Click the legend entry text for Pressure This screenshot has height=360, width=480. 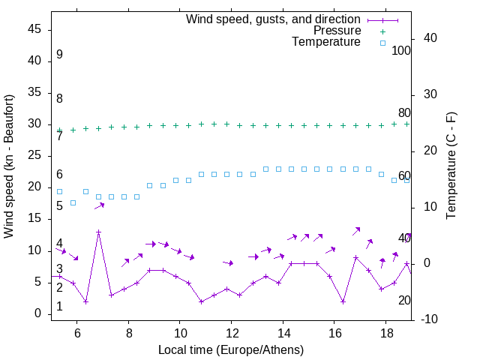[337, 31]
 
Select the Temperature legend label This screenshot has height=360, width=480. [326, 42]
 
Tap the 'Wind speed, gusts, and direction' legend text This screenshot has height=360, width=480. [274, 19]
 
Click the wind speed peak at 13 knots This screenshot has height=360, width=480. [98, 232]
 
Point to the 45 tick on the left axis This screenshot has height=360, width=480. [34, 29]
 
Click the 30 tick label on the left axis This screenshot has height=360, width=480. [34, 124]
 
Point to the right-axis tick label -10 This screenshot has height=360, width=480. [430, 319]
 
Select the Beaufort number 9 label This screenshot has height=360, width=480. [59, 55]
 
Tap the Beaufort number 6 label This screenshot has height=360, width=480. [59, 175]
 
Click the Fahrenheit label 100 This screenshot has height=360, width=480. [401, 51]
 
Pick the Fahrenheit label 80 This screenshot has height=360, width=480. [404, 113]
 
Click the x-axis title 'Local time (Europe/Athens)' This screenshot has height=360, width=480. [231, 349]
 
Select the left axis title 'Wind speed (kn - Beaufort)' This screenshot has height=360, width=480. [9, 166]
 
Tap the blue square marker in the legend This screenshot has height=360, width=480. [382, 43]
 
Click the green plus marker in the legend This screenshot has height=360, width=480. [382, 31]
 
